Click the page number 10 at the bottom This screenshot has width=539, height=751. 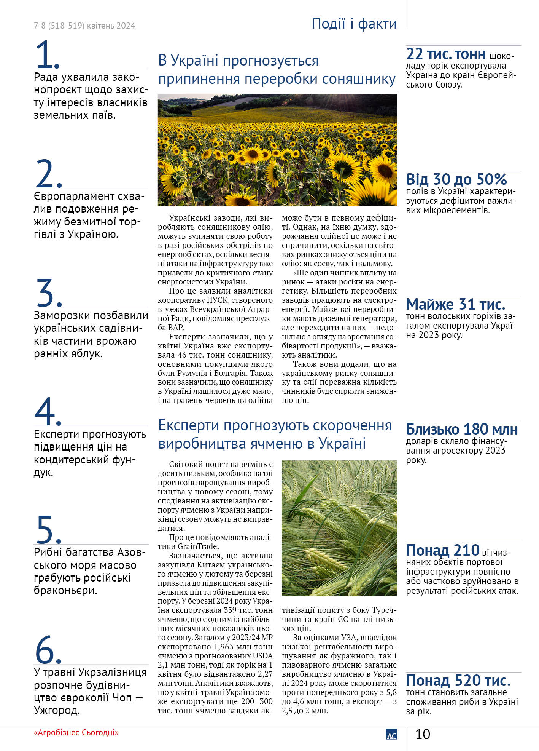click(422, 734)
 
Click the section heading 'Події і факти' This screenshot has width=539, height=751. click(354, 24)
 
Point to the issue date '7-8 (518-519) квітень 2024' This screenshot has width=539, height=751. click(84, 26)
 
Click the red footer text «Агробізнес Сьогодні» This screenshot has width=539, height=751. click(76, 732)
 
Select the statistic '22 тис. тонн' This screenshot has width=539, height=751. click(446, 54)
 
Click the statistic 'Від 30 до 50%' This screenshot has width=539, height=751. click(456, 179)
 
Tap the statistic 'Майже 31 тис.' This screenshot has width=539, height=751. click(455, 304)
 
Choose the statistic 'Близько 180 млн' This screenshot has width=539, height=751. click(462, 429)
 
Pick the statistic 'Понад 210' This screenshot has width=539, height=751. click(442, 550)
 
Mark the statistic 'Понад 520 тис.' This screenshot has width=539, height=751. click(458, 680)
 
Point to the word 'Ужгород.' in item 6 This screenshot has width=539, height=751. click(57, 710)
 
